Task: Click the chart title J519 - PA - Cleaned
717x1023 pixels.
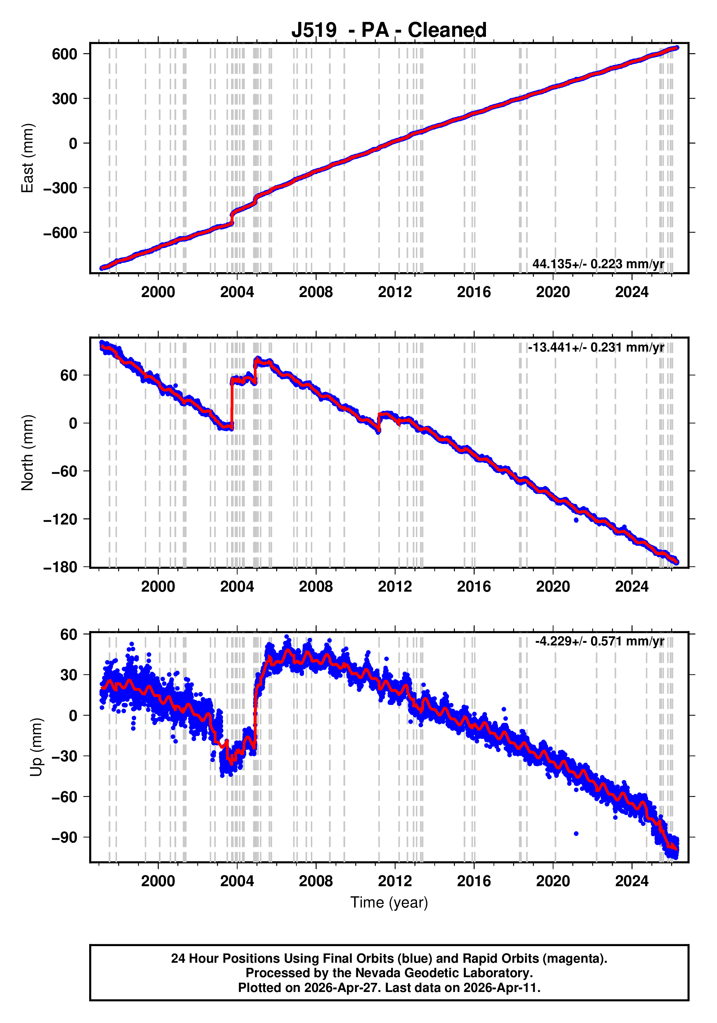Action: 388,30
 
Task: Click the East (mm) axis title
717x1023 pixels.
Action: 28,158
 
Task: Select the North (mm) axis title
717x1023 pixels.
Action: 28,453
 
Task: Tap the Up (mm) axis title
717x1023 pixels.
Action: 36,747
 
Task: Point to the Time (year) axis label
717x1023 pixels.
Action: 388,902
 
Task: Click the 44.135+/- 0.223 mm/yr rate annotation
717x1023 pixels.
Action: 598,264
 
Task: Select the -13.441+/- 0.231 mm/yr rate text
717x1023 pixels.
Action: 596,347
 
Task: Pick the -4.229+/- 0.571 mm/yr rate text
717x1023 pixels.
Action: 599,641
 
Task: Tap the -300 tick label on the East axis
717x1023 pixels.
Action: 60,188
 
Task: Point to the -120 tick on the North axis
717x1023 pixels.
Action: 60,519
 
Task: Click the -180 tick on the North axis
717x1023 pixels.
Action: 60,567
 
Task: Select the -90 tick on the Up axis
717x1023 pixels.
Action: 64,837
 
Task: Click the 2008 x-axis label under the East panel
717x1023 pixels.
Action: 316,292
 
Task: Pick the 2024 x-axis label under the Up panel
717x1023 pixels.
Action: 631,881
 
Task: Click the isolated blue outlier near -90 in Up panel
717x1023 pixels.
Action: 576,833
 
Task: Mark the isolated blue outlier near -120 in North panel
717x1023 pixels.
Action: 576,520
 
